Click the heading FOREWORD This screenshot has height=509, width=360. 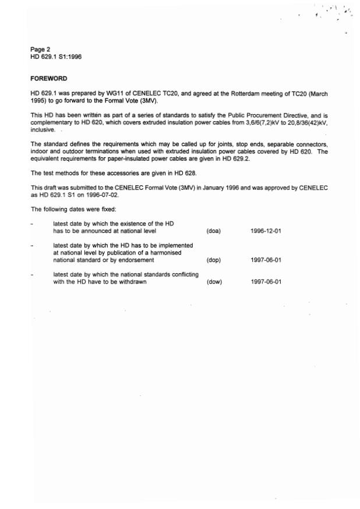pos(49,78)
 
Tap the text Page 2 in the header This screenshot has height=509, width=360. pos(40,50)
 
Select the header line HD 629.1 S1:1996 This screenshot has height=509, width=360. pos(56,57)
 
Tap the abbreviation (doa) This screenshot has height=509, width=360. pos(213,231)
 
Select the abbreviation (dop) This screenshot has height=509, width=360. pos(214,260)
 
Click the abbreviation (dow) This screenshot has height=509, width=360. pos(214,282)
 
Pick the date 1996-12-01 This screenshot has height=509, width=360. pos(266,231)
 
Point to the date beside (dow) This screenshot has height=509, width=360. pos(266,282)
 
